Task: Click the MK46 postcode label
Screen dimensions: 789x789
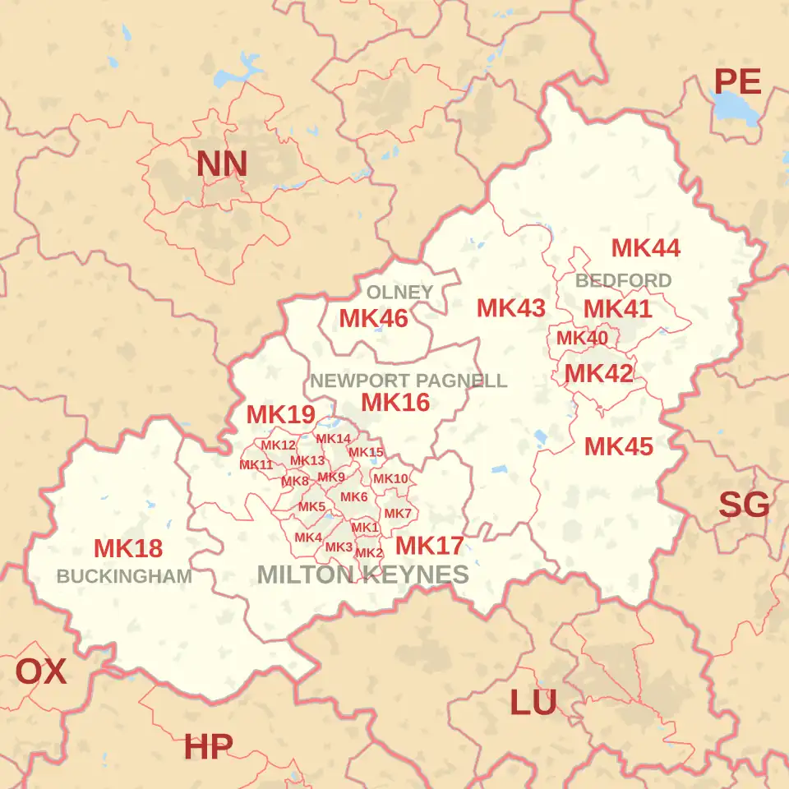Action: click(x=373, y=319)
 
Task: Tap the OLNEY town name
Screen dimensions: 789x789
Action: click(x=399, y=293)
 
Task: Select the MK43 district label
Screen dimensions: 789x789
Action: click(x=511, y=308)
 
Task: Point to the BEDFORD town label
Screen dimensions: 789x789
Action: click(x=623, y=281)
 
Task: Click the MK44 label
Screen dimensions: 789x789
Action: click(x=646, y=247)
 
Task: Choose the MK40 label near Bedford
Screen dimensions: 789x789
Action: click(x=582, y=338)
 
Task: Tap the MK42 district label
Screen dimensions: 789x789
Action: click(x=598, y=374)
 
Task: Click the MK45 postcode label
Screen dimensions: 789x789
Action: click(x=619, y=447)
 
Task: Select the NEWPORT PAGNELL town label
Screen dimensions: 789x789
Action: click(x=408, y=381)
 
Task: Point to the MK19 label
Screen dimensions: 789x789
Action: click(x=281, y=415)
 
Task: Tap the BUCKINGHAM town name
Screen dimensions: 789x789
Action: click(x=124, y=576)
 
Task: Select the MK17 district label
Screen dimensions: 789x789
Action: click(x=429, y=546)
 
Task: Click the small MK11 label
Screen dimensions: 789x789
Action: click(x=256, y=465)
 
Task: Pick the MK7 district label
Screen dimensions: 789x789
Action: click(x=398, y=514)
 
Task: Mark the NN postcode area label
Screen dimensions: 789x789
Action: click(x=221, y=164)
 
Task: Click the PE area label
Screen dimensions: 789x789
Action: click(x=736, y=82)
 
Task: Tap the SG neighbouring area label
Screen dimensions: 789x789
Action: click(x=744, y=505)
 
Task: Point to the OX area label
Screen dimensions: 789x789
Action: click(x=41, y=672)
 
